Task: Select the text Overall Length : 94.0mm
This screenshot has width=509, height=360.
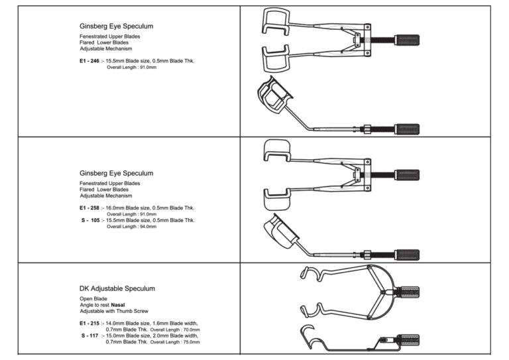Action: (131, 227)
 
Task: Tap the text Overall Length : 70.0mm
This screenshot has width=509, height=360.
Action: (176, 329)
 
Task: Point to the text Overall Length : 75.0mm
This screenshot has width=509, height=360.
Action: (176, 341)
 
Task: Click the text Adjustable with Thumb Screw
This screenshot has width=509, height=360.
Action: (114, 311)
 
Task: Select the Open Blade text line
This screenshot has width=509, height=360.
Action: (90, 299)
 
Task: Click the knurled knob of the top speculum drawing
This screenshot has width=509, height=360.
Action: (406, 39)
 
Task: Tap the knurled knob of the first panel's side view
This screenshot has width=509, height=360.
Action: (406, 127)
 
